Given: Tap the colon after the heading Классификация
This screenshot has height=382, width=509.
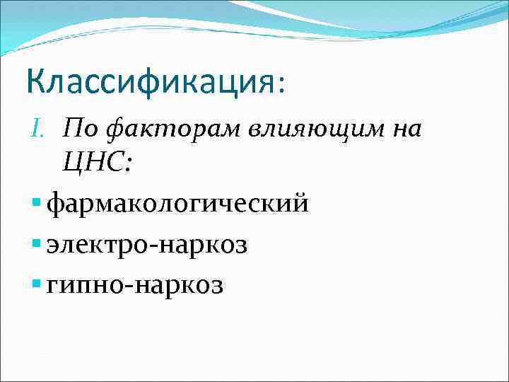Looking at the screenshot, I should (281, 83).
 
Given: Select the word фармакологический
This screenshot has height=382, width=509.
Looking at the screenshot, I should (177, 206).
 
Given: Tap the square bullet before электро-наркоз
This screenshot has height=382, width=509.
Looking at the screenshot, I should (37, 244).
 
